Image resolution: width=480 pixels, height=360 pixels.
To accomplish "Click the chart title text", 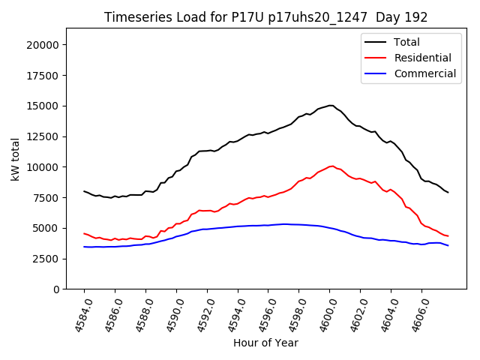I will [259, 17].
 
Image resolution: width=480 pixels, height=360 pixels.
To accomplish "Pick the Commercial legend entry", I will [424, 73].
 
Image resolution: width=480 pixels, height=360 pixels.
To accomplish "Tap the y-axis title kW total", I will [15, 159].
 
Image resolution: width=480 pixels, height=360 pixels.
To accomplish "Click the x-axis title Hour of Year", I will [265, 343].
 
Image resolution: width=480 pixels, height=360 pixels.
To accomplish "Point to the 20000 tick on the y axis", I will [43, 45].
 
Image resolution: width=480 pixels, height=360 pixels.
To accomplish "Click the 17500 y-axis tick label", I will [43, 75].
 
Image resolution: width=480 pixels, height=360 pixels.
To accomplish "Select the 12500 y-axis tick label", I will [43, 136].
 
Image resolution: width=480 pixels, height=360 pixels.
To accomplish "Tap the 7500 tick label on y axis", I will [46, 197].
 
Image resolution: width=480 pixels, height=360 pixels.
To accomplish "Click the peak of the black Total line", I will [331, 105].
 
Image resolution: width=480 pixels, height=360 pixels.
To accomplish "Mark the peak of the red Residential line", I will [331, 166].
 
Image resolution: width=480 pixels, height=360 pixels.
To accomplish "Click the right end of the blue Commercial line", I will [448, 245].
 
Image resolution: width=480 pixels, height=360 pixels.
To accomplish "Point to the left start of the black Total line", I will [84, 191].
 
